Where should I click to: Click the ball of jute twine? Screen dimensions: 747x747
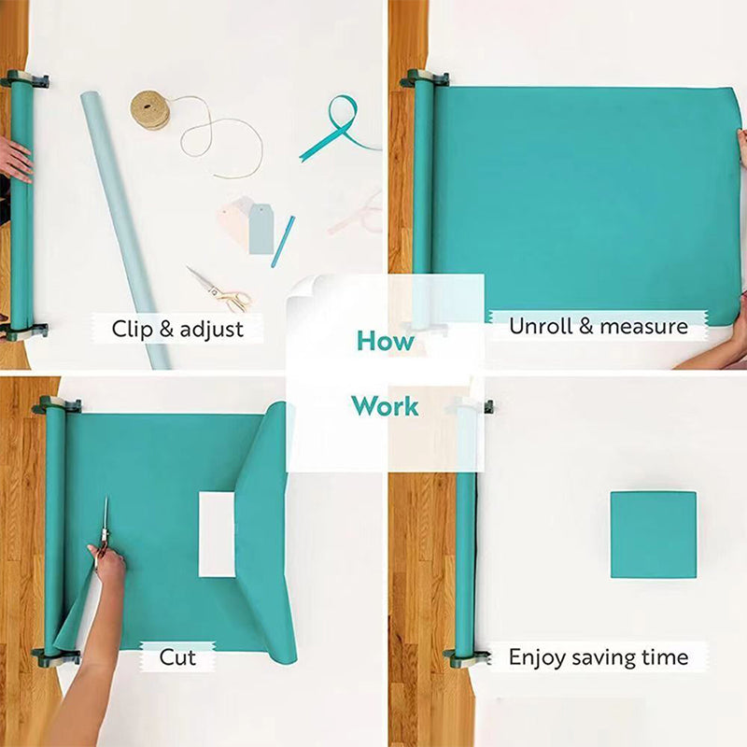(x=149, y=109)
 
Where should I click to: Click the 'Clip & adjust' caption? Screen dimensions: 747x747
(x=177, y=329)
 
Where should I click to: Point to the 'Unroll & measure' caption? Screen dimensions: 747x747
(x=598, y=326)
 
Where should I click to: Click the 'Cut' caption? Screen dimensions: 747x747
(x=177, y=657)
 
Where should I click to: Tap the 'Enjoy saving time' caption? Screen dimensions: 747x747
(x=598, y=657)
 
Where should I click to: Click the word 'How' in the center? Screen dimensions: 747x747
(x=385, y=341)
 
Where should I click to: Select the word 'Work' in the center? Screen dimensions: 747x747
(x=385, y=407)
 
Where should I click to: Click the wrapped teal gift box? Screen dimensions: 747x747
(x=654, y=534)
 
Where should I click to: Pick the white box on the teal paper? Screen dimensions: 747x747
(x=217, y=534)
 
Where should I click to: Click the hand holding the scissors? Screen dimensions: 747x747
(x=108, y=564)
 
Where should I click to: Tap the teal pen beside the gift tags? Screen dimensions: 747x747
(x=283, y=241)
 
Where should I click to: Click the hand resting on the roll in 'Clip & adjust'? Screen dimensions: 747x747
(x=14, y=159)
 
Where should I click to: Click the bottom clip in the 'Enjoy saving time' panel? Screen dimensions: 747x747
(x=464, y=657)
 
